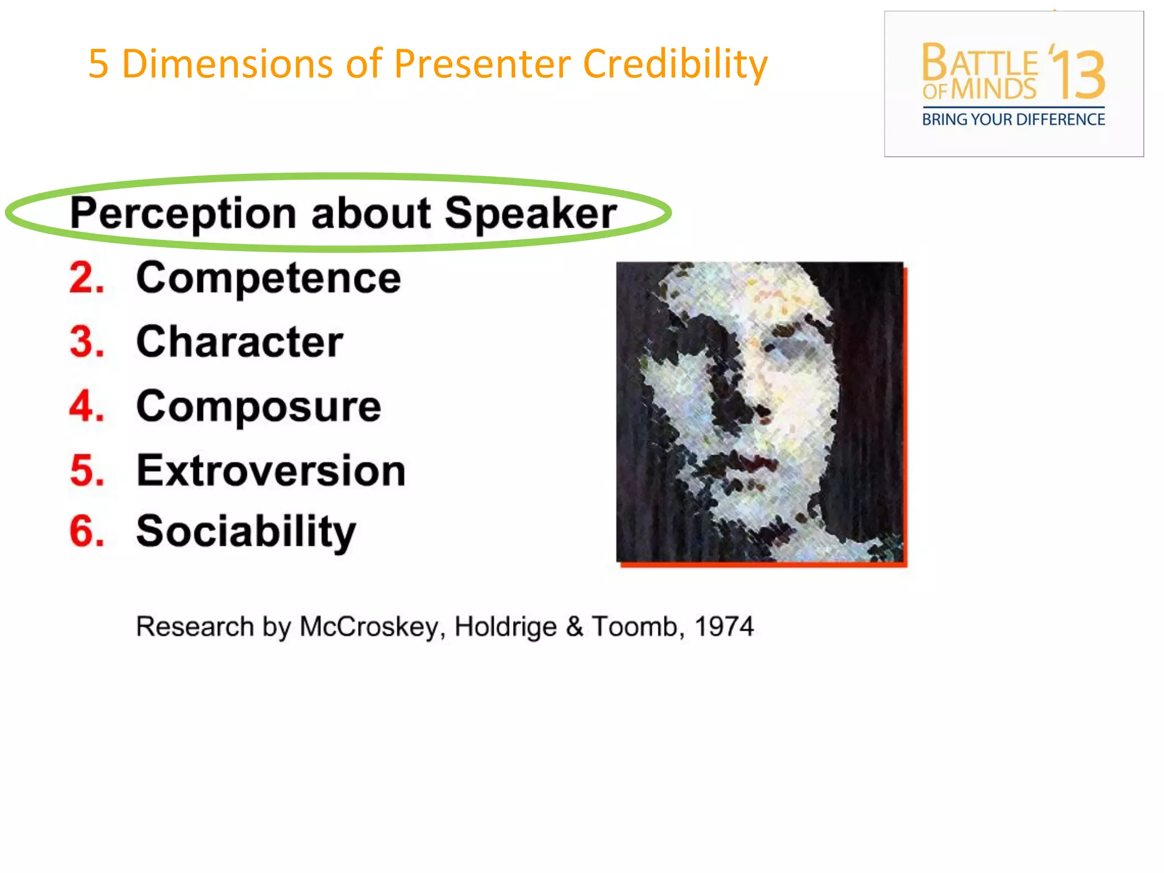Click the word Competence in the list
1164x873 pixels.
tap(268, 278)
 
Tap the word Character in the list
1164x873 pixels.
tap(239, 342)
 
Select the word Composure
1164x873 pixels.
tap(259, 407)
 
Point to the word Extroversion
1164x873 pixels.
tap(271, 471)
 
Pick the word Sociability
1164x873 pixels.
tap(246, 532)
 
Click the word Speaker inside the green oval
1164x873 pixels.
tap(530, 214)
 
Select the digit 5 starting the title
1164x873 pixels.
tap(98, 64)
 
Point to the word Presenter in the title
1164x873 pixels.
tap(482, 64)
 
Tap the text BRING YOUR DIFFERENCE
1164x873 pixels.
tap(1013, 120)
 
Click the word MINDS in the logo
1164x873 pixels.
tap(993, 90)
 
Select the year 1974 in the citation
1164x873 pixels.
tap(724, 627)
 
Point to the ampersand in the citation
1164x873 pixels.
tap(575, 627)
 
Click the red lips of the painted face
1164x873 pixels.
tap(753, 462)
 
